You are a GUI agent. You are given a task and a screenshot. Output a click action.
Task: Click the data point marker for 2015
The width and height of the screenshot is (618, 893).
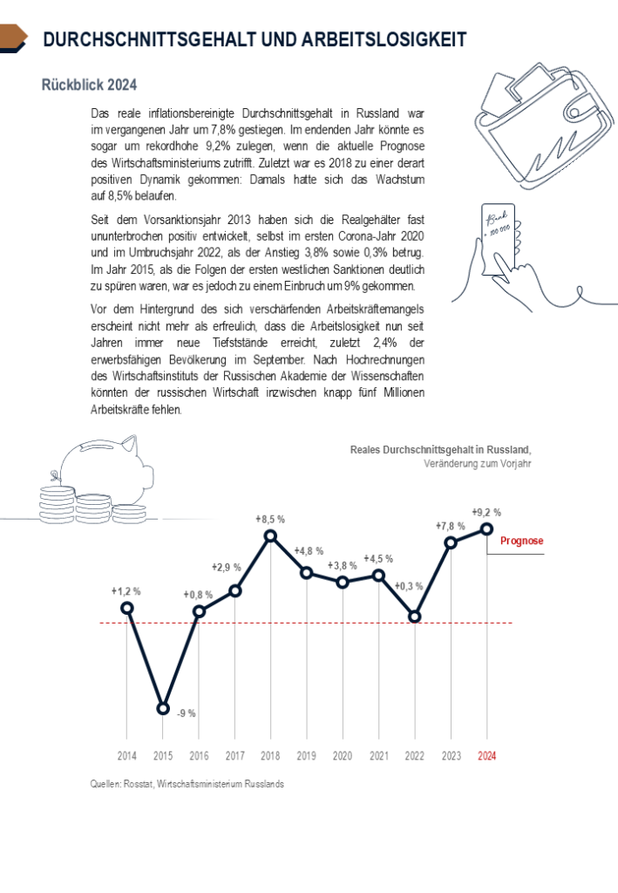click(x=163, y=708)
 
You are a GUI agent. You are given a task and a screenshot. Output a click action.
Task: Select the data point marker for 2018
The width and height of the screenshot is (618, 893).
click(x=270, y=536)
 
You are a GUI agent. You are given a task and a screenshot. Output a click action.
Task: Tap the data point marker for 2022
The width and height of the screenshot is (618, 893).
click(x=415, y=616)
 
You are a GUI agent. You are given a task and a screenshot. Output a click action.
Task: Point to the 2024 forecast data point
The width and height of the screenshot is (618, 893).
click(x=486, y=528)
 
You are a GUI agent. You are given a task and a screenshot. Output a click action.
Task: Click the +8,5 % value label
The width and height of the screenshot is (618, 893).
click(x=270, y=519)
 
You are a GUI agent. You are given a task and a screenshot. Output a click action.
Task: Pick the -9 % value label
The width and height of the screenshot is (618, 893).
click(x=186, y=713)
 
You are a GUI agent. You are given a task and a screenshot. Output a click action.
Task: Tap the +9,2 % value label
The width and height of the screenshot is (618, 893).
click(x=486, y=512)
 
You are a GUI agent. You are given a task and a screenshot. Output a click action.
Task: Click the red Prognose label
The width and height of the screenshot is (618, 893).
click(x=521, y=542)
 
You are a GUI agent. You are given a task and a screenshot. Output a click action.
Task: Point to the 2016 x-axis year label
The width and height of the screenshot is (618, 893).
click(x=199, y=756)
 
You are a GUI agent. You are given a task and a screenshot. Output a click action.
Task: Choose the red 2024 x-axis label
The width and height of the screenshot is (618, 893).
click(x=486, y=756)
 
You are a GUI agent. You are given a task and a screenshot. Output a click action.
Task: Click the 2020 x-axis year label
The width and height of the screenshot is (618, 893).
click(x=343, y=756)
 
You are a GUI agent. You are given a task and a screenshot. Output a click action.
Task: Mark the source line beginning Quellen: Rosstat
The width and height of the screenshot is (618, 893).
click(x=187, y=784)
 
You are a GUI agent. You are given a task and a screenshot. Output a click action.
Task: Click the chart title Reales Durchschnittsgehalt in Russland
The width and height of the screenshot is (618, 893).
click(x=440, y=449)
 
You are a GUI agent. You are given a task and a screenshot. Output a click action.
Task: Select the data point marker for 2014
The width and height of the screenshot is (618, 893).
click(x=127, y=608)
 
